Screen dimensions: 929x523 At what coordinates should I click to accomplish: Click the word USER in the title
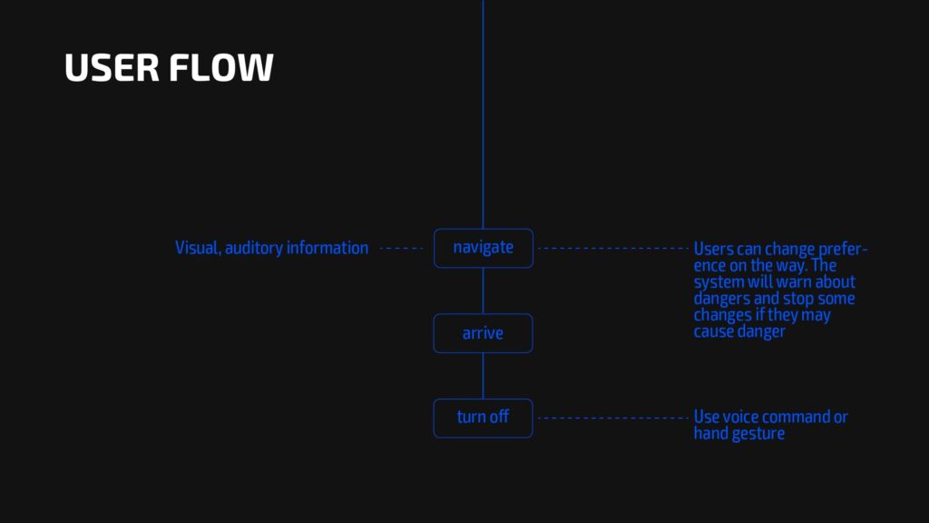pos(112,67)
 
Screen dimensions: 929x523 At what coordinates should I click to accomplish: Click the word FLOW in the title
pos(221,67)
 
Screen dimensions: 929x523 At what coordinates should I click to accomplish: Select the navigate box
pos(484,248)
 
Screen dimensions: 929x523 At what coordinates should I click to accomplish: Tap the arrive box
pos(483,333)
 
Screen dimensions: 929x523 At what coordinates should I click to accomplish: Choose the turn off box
pos(483,418)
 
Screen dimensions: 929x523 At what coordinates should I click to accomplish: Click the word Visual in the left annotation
pos(198,248)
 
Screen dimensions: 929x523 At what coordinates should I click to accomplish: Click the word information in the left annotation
pos(327,248)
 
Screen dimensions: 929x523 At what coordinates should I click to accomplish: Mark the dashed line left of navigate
pos(401,249)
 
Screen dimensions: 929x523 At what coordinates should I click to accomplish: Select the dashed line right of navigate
pos(613,249)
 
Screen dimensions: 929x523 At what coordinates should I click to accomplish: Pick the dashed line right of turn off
pos(613,418)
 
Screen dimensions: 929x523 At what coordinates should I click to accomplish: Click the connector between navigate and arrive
pos(483,291)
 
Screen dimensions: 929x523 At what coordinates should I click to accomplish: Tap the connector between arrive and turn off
pos(483,376)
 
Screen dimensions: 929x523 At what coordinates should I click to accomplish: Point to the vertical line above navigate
pos(483,114)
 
